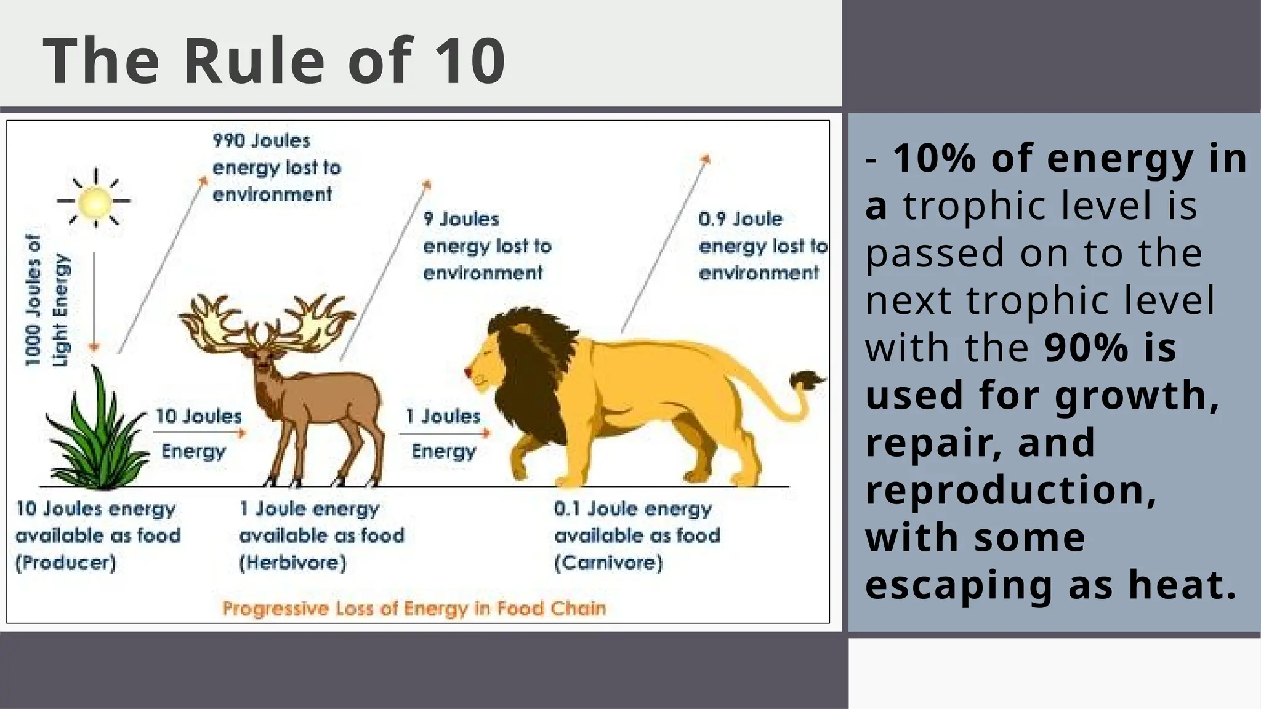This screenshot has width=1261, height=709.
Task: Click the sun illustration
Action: click(95, 201)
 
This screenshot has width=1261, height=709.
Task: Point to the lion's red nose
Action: click(467, 372)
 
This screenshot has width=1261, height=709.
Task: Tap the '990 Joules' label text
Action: click(262, 141)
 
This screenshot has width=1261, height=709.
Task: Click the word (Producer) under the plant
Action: click(65, 563)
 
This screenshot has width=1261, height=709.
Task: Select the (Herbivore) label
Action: click(292, 563)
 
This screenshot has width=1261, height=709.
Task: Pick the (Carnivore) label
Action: click(608, 563)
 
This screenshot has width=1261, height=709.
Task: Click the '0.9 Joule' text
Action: click(740, 220)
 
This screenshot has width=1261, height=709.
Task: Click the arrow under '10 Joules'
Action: click(200, 433)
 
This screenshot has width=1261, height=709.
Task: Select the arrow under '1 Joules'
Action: click(445, 433)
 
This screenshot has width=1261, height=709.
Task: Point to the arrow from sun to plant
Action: click(94, 302)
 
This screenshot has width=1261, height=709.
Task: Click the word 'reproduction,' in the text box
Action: click(1010, 491)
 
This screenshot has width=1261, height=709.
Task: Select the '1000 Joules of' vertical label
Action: click(33, 300)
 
